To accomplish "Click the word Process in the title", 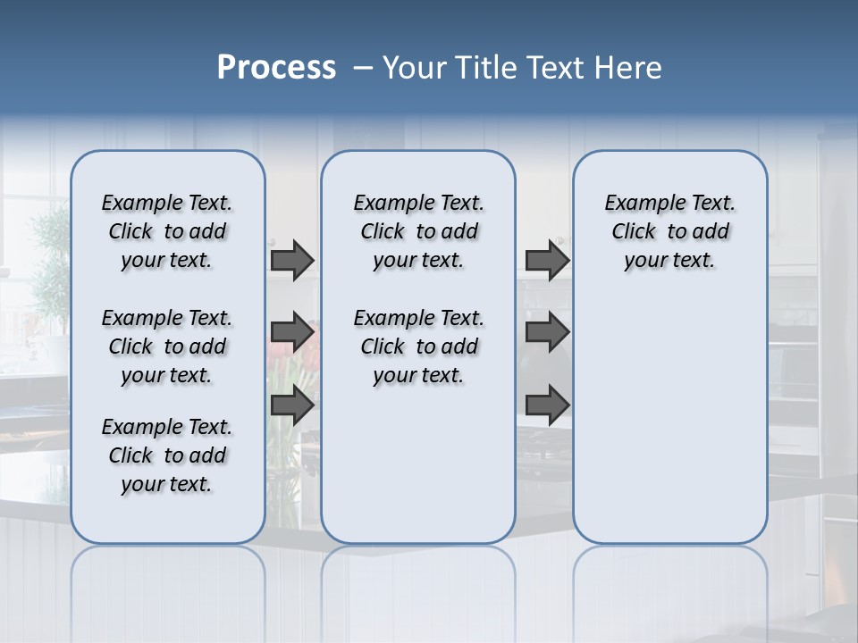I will pyautogui.click(x=276, y=67).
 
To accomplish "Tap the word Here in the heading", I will pyautogui.click(x=628, y=68).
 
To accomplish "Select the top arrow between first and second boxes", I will pyautogui.click(x=292, y=260).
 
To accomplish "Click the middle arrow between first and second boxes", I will pyautogui.click(x=292, y=333).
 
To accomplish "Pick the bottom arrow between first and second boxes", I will pyautogui.click(x=292, y=405).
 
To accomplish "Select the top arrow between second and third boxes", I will pyautogui.click(x=547, y=260).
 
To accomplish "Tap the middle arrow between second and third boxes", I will pyautogui.click(x=547, y=333).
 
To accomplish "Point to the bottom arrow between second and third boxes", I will pyautogui.click(x=547, y=405).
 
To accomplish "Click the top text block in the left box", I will pyautogui.click(x=167, y=231).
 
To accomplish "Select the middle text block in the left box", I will pyautogui.click(x=167, y=347).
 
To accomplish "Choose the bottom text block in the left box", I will pyautogui.click(x=167, y=455).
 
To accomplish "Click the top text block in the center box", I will pyautogui.click(x=418, y=231).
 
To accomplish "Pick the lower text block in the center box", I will pyautogui.click(x=418, y=347).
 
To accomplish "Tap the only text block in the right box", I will pyautogui.click(x=669, y=231).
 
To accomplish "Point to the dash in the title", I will pyautogui.click(x=363, y=68).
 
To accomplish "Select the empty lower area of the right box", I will pyautogui.click(x=669, y=420).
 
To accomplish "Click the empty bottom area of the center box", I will pyautogui.click(x=418, y=473).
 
